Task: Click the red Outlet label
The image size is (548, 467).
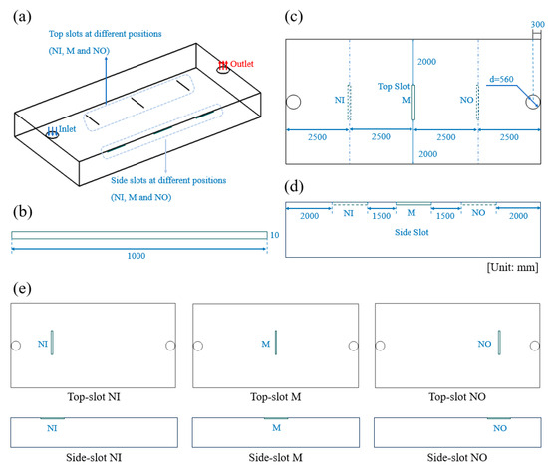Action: [241, 64]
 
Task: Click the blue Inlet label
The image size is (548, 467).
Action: [67, 129]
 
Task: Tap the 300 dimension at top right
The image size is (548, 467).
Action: [537, 24]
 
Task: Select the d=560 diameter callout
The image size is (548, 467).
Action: [501, 79]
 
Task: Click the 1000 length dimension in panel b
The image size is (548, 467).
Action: [137, 256]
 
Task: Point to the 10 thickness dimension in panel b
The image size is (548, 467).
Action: [275, 235]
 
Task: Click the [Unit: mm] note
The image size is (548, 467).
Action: [513, 267]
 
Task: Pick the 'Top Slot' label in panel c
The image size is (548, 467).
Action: [394, 86]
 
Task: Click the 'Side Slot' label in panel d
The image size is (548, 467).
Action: [411, 232]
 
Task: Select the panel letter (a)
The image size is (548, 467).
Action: [22, 16]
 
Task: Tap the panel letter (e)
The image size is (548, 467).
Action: [22, 288]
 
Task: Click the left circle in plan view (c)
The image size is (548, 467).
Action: [293, 102]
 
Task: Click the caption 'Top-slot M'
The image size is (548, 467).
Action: [276, 397]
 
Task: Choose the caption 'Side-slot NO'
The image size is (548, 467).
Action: [457, 458]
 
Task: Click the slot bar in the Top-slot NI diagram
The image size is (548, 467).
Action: [52, 343]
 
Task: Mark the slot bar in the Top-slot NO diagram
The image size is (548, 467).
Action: [499, 343]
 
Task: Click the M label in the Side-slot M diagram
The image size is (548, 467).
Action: [276, 428]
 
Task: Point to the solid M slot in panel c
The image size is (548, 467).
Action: [413, 102]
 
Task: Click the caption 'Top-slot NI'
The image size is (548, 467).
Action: [94, 397]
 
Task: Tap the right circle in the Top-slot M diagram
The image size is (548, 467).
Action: [354, 346]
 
